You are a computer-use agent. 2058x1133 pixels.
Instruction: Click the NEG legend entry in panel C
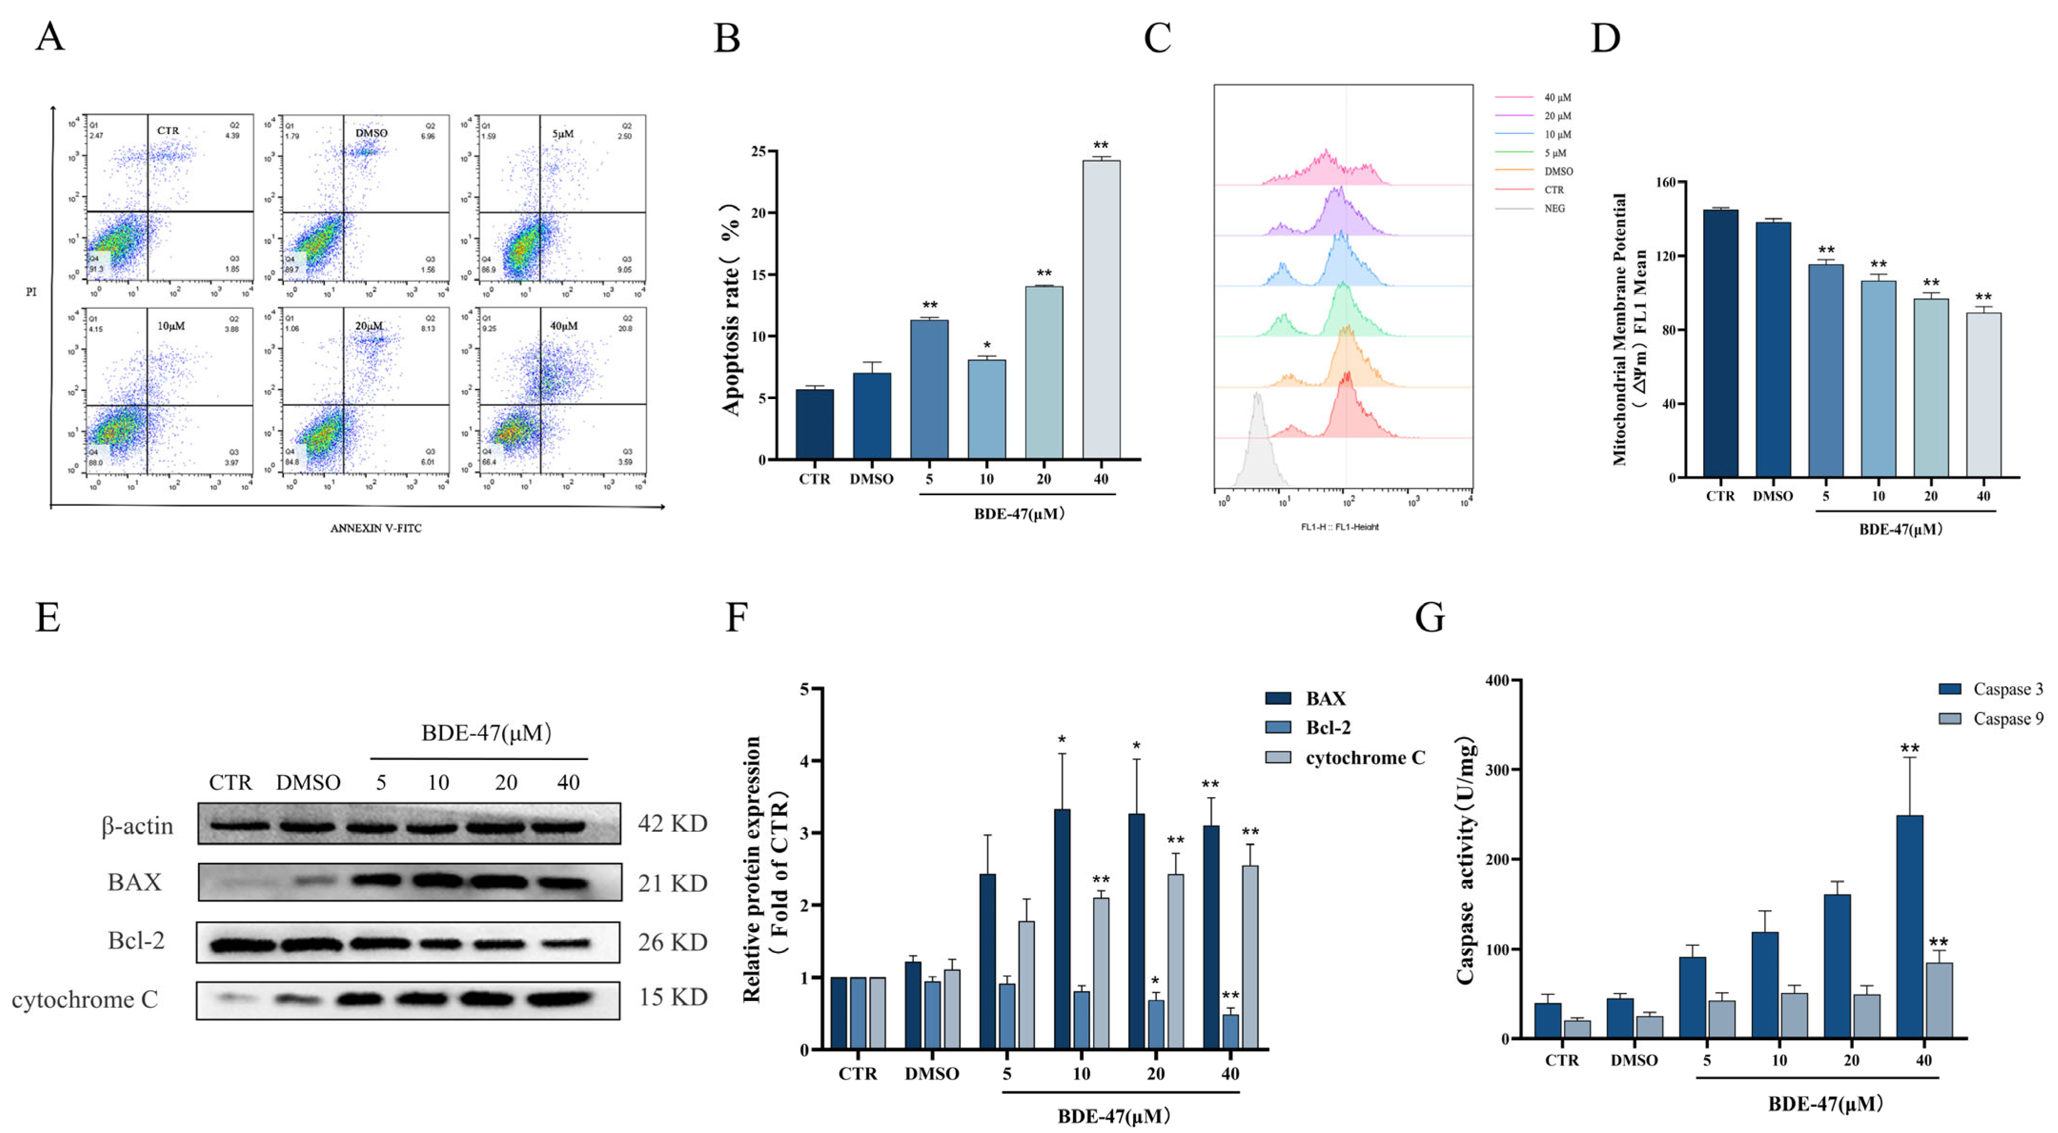pos(1554,209)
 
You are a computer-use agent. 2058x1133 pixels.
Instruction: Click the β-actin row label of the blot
pos(137,825)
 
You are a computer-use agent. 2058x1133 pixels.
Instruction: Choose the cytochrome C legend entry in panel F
pos(1365,757)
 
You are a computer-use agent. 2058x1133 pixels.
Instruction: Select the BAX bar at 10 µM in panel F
pos(1062,929)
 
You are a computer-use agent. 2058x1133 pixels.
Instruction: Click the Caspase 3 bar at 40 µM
pos(1909,927)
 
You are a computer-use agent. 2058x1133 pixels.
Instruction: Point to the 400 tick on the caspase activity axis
pos(1497,681)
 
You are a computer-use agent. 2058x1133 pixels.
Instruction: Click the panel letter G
pos(1430,617)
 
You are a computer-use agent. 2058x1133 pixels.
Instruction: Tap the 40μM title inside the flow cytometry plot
pos(563,326)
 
